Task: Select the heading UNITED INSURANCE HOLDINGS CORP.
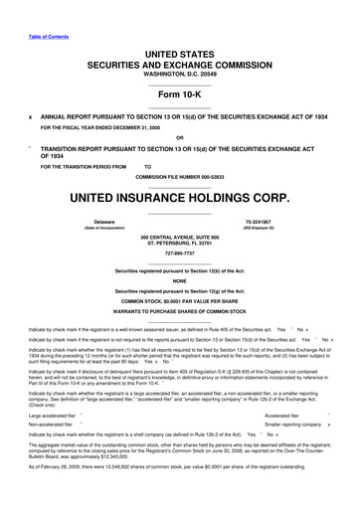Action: [180, 196]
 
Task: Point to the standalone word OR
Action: [179, 137]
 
